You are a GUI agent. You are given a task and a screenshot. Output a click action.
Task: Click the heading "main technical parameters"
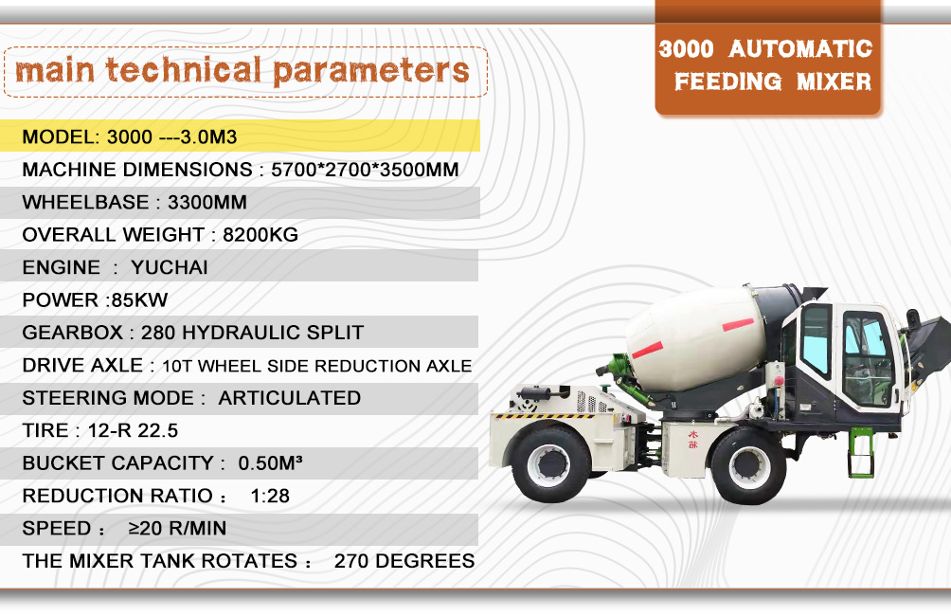(x=242, y=70)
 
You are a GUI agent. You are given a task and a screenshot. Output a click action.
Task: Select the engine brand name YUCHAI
(x=170, y=267)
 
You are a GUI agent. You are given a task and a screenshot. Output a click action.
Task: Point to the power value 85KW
(x=139, y=299)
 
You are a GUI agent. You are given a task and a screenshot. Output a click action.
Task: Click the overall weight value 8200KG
(x=260, y=235)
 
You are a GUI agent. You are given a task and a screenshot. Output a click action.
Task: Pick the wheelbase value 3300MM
(x=206, y=202)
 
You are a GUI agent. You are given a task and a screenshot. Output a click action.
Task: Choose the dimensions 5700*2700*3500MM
(x=365, y=170)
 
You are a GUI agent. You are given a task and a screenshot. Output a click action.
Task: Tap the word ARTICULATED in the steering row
(x=289, y=398)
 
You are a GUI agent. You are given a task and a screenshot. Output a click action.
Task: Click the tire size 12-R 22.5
(x=133, y=431)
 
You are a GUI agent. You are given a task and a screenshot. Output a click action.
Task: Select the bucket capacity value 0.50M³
(x=270, y=463)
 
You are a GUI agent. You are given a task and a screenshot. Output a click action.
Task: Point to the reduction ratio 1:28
(x=270, y=496)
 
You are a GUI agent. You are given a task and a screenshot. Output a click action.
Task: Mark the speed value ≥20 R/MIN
(x=177, y=529)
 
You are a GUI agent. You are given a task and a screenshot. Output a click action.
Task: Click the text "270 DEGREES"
(x=404, y=561)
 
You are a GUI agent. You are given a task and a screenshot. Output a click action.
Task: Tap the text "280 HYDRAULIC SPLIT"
(x=252, y=333)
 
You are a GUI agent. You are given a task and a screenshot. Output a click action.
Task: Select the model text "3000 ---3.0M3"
(x=171, y=136)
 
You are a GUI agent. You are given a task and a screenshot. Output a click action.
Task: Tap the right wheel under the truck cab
(x=748, y=465)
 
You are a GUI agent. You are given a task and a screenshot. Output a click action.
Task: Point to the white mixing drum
(x=694, y=338)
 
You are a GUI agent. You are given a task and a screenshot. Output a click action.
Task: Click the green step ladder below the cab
(x=861, y=452)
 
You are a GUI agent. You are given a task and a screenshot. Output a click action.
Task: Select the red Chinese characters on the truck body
(x=692, y=440)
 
